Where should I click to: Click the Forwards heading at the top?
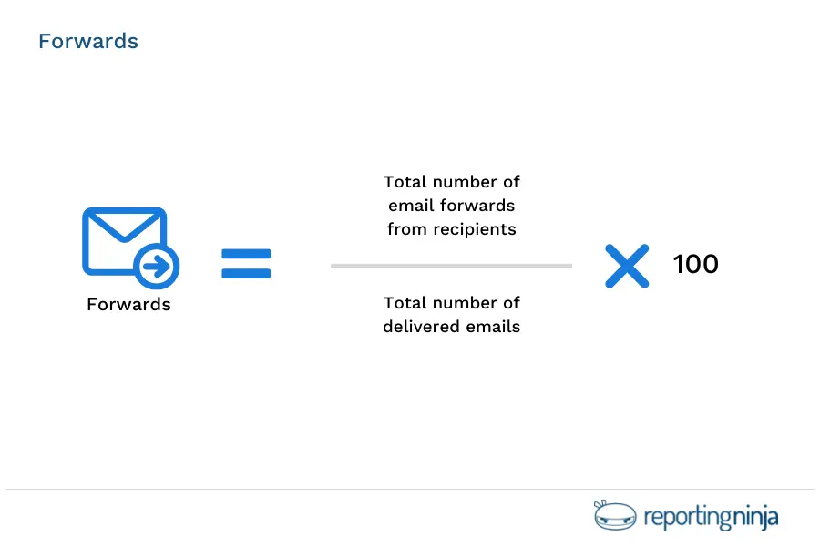[x=88, y=42]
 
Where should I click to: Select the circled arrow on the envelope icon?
[x=157, y=267]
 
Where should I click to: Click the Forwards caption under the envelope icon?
[x=128, y=305]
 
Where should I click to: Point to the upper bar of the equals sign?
[x=246, y=254]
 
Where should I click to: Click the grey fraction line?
[x=451, y=266]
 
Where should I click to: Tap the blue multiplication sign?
[x=627, y=266]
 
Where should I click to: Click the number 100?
[x=696, y=265]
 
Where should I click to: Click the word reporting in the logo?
[x=687, y=519]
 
